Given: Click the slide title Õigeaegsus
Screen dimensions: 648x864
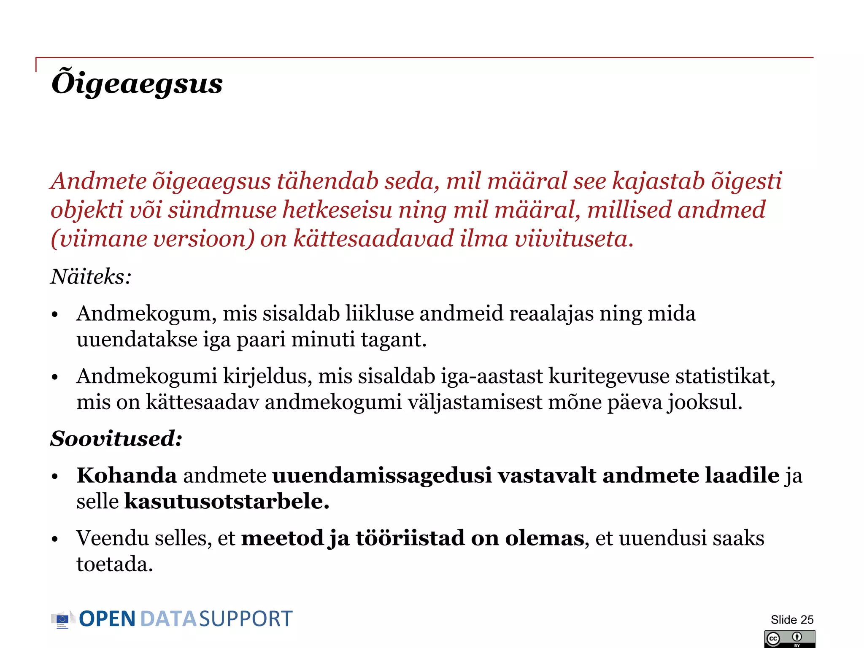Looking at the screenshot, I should pos(137,83).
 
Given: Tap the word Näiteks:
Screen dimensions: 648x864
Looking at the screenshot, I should pos(91,277).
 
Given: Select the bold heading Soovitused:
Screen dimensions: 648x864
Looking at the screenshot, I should pos(116,439).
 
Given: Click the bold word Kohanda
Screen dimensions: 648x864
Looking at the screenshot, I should pos(127,475).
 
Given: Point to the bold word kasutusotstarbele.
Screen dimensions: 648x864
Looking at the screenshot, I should pos(227,502).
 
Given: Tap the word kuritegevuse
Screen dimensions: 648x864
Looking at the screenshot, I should pos(609,376).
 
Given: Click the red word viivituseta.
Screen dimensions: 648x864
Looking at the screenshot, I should pos(574,239).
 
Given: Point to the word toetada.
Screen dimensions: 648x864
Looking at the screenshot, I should pos(114,564).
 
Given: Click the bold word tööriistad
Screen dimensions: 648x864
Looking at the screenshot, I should pos(410,538).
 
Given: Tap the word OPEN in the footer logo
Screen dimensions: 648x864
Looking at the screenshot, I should pos(107,619).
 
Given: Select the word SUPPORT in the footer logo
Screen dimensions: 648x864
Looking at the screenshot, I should pos(246,619).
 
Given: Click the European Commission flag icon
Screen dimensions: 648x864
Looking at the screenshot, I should pos(62,619).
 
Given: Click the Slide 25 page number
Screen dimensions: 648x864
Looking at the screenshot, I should pos(792,620).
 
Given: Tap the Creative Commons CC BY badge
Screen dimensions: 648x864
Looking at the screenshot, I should pos(789,639).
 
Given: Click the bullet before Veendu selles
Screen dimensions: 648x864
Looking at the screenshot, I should pos(54,540).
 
